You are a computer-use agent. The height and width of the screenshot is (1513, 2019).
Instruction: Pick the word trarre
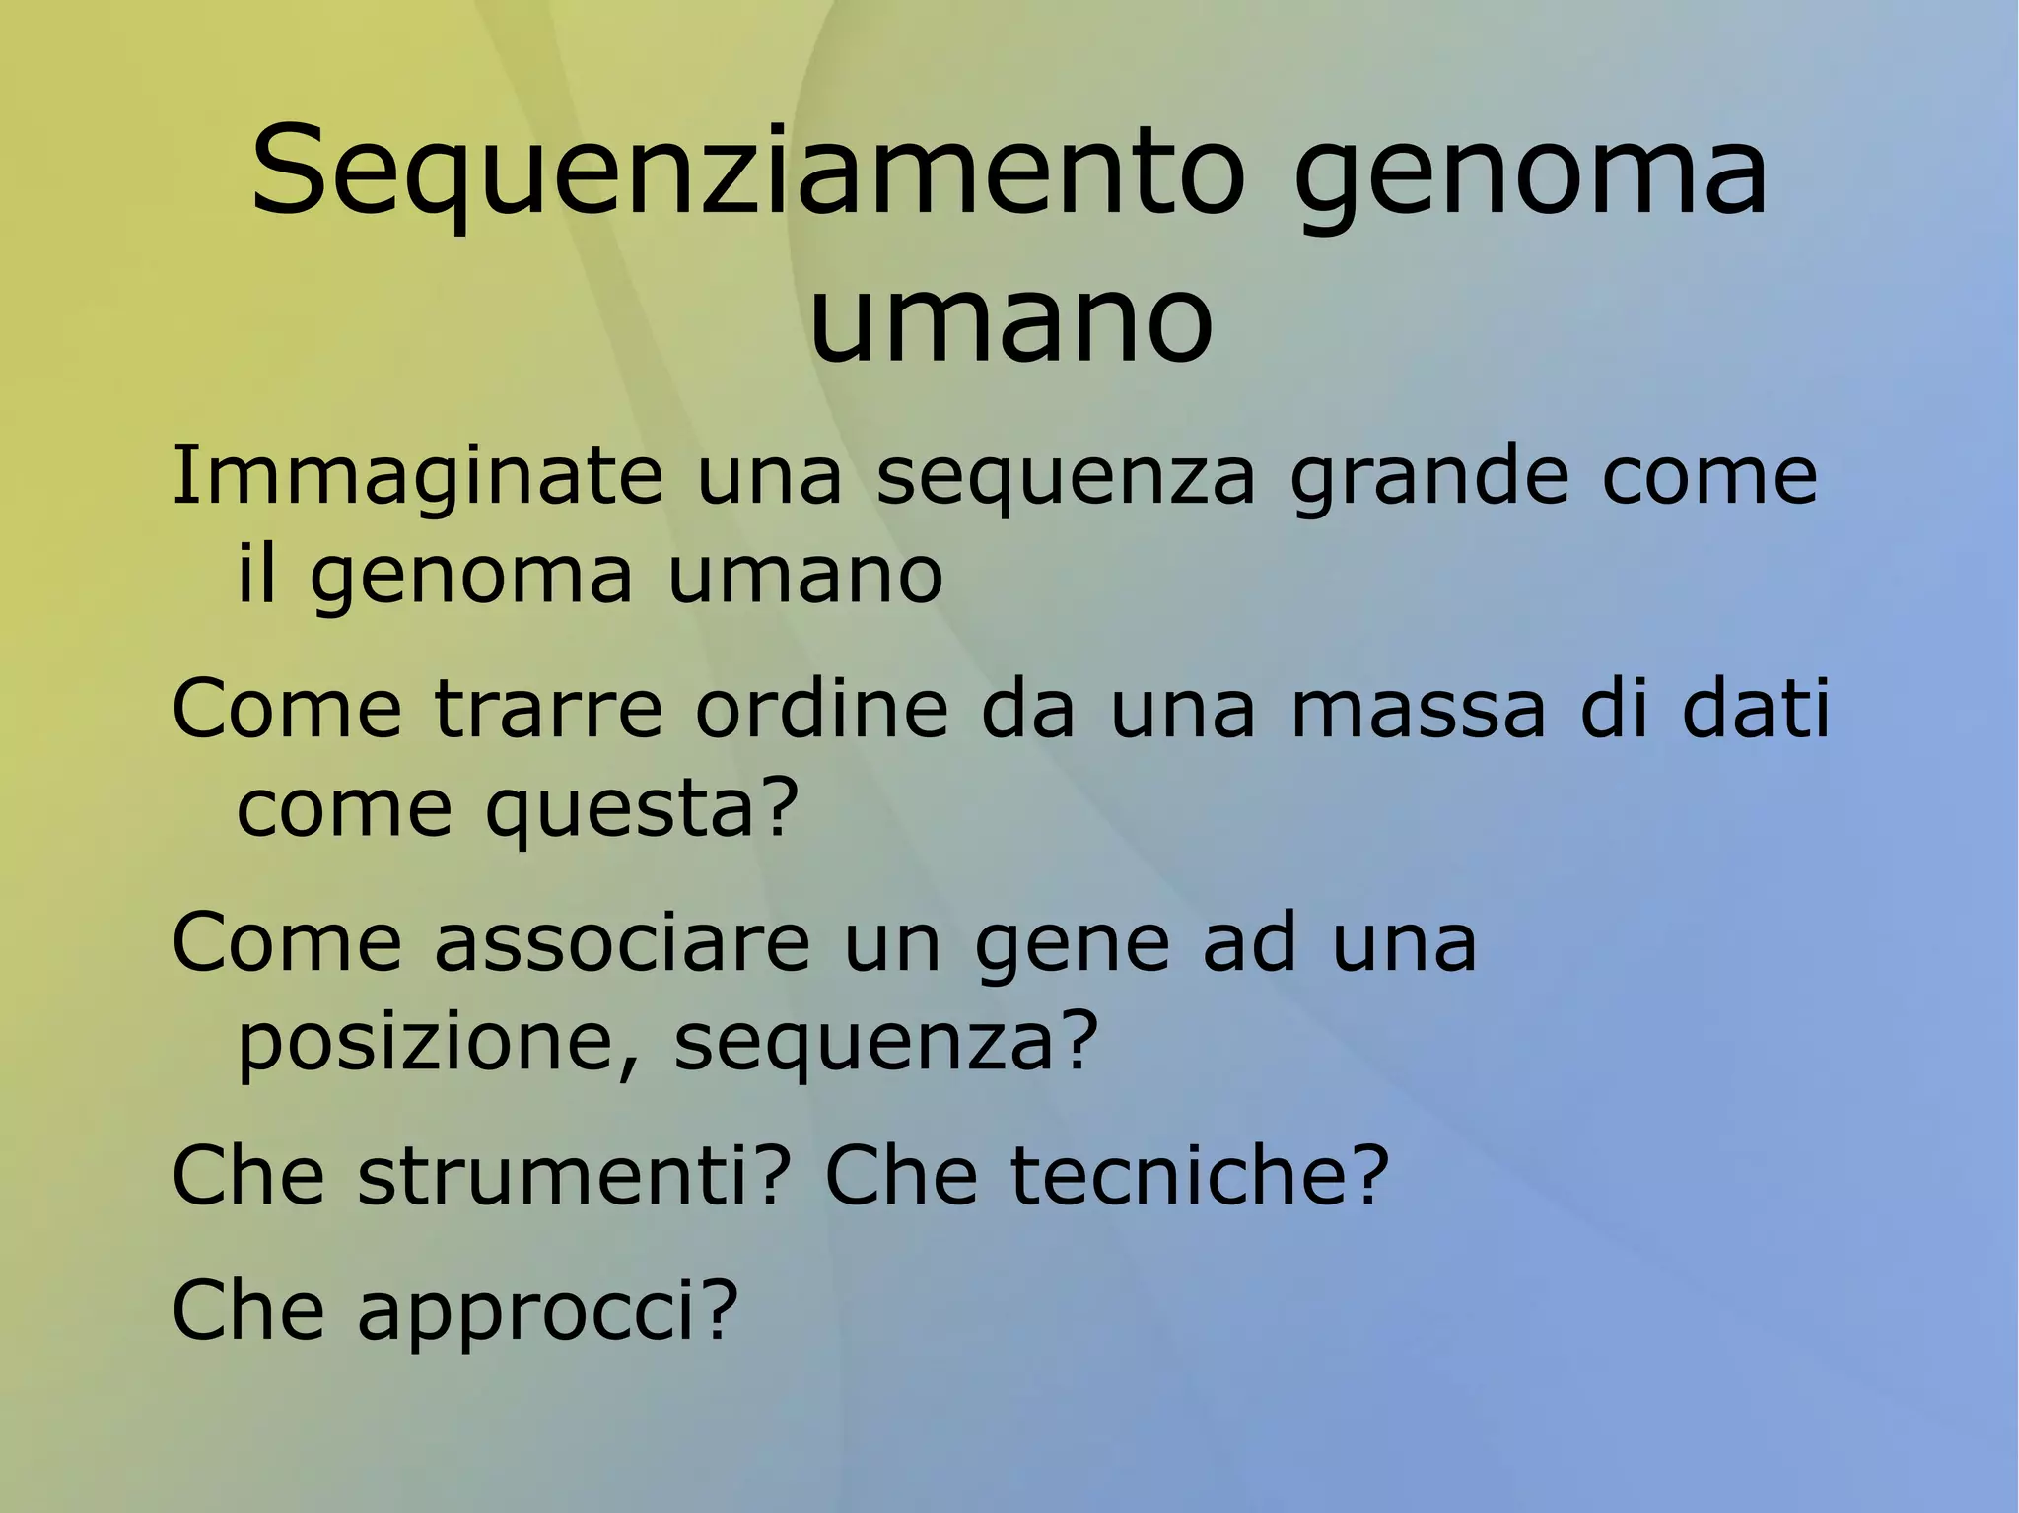(548, 709)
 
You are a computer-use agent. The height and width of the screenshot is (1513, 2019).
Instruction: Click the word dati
(1756, 709)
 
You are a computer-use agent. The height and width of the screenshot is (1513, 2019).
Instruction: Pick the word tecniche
(1172, 1175)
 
